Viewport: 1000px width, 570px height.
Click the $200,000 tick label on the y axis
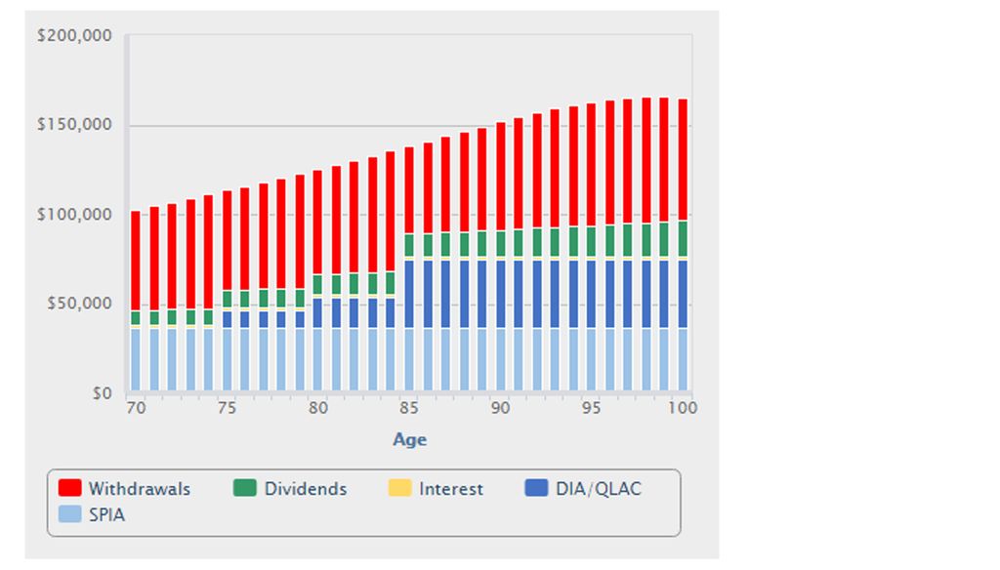click(x=74, y=36)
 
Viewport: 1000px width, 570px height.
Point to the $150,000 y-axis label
click(x=74, y=126)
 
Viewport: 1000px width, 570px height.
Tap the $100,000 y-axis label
click(x=74, y=215)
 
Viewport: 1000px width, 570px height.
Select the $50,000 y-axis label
click(x=78, y=304)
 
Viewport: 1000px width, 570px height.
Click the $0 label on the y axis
click(x=101, y=393)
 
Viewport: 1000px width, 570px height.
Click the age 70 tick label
click(x=136, y=408)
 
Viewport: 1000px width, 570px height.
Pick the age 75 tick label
click(x=227, y=408)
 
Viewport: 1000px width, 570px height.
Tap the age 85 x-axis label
click(x=409, y=408)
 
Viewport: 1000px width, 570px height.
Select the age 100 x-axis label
click(x=683, y=408)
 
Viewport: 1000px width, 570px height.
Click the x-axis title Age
click(x=409, y=439)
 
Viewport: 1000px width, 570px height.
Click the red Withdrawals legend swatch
click(x=69, y=488)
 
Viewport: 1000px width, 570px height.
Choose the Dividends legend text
click(x=305, y=489)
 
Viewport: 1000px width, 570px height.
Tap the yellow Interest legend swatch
click(x=400, y=488)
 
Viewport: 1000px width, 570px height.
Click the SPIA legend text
click(x=106, y=514)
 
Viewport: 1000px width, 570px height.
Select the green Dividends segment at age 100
click(x=683, y=238)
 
